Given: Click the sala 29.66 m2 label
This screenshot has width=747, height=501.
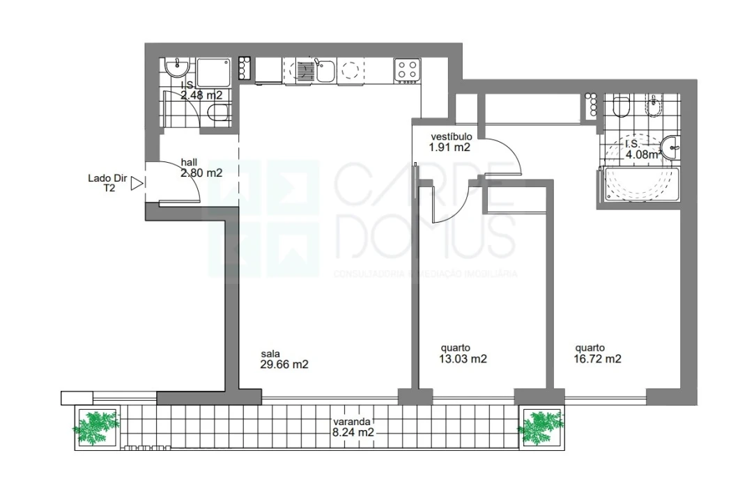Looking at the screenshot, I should [284, 358].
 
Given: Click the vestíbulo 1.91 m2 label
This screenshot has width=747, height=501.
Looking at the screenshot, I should [452, 142].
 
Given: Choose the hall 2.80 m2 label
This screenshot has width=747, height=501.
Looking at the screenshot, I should [201, 168].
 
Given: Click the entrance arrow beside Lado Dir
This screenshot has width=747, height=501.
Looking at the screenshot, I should [137, 183].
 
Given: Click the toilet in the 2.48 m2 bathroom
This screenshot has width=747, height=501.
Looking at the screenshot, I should [218, 115].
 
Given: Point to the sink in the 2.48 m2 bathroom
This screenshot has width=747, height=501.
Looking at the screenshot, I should [176, 68].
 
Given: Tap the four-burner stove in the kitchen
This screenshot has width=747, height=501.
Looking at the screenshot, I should [407, 70].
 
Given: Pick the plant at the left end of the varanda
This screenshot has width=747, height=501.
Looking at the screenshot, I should [96, 426].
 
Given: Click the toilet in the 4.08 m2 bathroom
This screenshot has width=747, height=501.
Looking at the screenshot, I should [621, 107].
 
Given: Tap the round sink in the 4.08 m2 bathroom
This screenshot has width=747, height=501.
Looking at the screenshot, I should [672, 146].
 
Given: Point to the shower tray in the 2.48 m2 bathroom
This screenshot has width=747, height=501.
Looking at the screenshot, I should [213, 72].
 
